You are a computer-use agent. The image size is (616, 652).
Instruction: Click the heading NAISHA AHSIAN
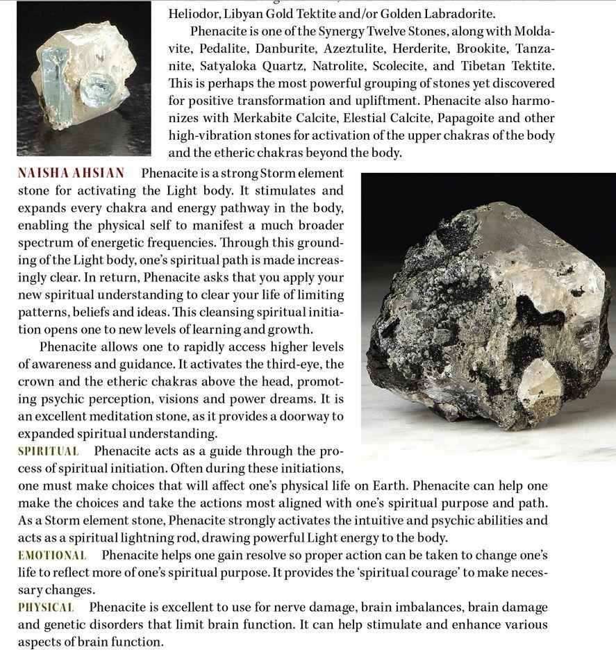(71, 173)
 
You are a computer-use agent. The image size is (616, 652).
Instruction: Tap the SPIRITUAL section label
(48, 451)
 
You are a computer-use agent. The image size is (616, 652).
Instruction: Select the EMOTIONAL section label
(52, 555)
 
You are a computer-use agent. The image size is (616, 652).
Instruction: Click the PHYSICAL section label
(46, 608)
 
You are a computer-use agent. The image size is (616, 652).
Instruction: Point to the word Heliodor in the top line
(194, 14)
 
